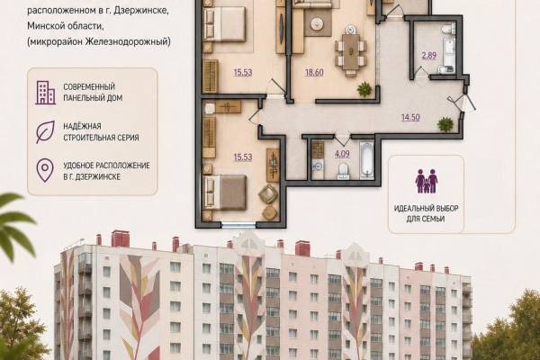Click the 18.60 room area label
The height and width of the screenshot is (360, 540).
tap(314, 72)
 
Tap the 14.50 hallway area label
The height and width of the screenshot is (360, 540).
tap(410, 118)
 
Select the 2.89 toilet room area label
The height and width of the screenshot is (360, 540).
tap(429, 55)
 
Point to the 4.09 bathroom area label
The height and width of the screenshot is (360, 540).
tap(342, 154)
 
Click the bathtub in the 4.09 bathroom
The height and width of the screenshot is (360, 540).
tap(367, 159)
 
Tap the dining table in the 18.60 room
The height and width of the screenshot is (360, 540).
tap(350, 51)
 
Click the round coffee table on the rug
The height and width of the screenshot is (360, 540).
tap(317, 23)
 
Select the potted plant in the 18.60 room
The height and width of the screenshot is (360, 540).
tap(364, 89)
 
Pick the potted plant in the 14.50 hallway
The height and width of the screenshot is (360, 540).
tap(445, 124)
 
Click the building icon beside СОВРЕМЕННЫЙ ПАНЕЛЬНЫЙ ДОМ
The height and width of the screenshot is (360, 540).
tap(45, 93)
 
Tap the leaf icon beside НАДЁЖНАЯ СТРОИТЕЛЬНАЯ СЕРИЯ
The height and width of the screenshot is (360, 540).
tap(45, 132)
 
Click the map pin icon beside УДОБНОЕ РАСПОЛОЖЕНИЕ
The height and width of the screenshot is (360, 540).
tap(45, 170)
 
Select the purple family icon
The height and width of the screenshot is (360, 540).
tap(427, 181)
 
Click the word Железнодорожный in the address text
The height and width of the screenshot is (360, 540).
tap(128, 41)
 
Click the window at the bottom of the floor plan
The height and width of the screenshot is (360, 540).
tap(238, 225)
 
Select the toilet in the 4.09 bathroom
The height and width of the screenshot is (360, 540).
tap(343, 171)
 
